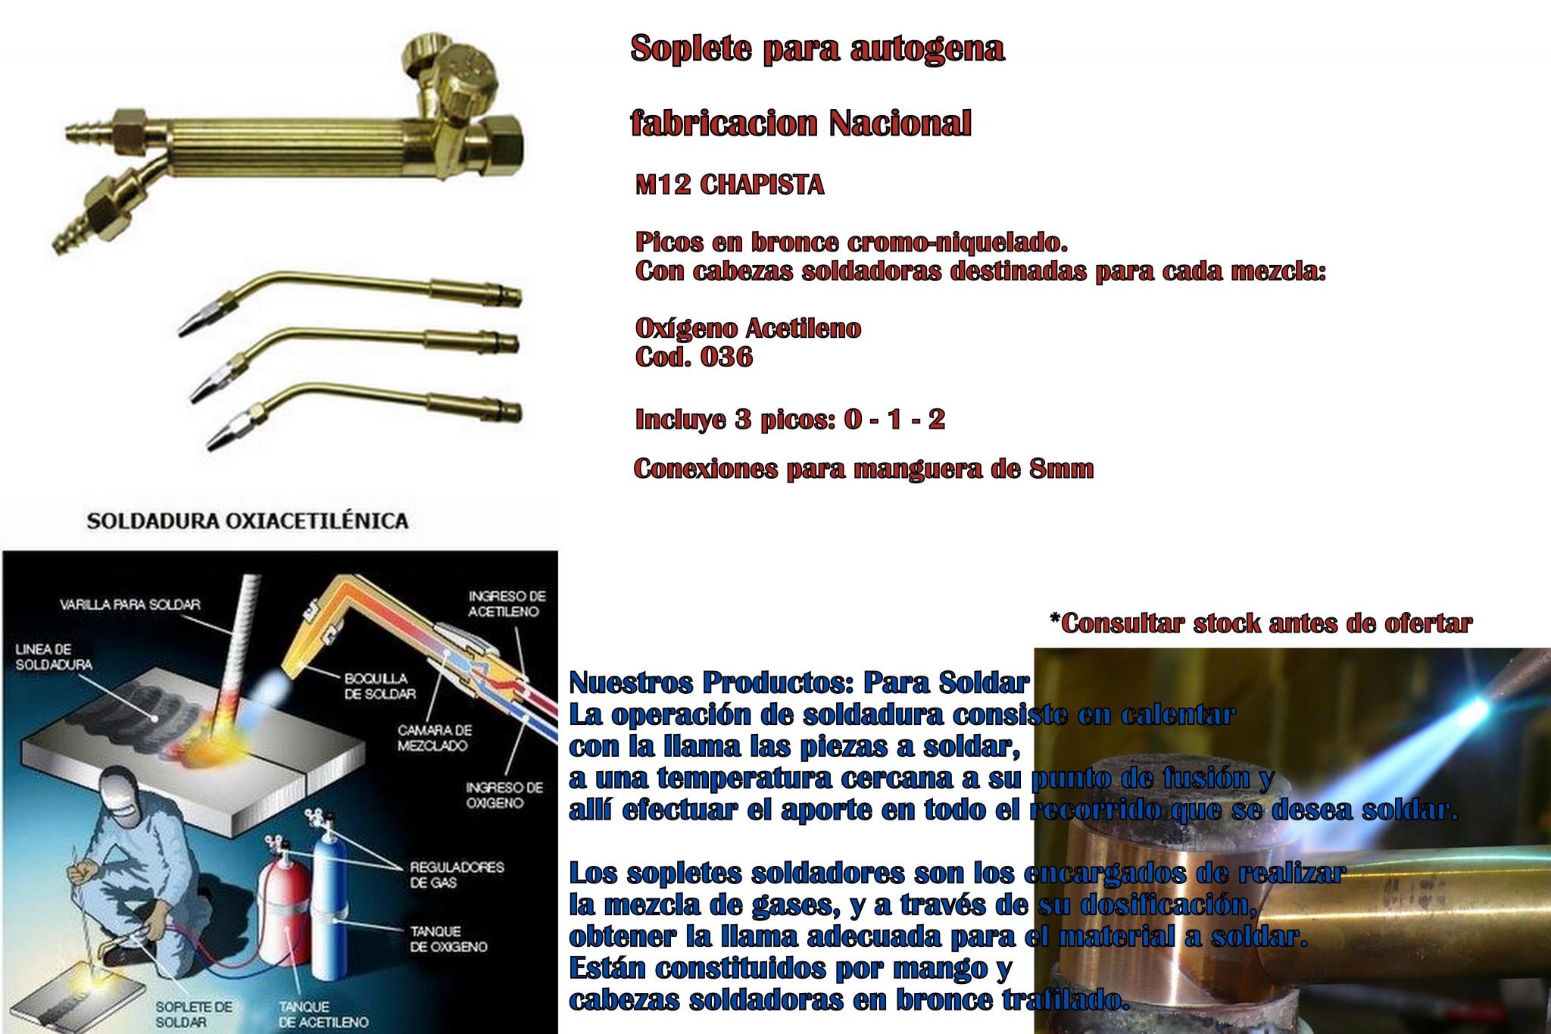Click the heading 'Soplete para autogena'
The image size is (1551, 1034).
click(x=818, y=50)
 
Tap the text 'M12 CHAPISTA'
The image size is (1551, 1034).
click(x=730, y=186)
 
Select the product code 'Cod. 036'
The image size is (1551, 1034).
click(x=694, y=357)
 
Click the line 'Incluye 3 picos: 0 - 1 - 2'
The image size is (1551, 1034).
click(x=790, y=420)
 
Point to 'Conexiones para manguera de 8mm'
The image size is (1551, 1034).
click(x=863, y=469)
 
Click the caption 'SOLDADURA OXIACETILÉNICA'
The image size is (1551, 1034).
click(x=248, y=520)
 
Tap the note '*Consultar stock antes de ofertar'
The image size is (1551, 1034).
click(x=1261, y=623)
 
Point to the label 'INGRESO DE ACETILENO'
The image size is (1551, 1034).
click(x=507, y=604)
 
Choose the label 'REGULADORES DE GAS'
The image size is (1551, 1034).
click(x=457, y=874)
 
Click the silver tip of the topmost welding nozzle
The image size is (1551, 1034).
click(x=189, y=323)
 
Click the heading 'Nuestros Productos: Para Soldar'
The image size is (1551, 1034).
click(x=798, y=683)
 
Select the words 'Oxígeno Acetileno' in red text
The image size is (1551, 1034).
click(x=748, y=329)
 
